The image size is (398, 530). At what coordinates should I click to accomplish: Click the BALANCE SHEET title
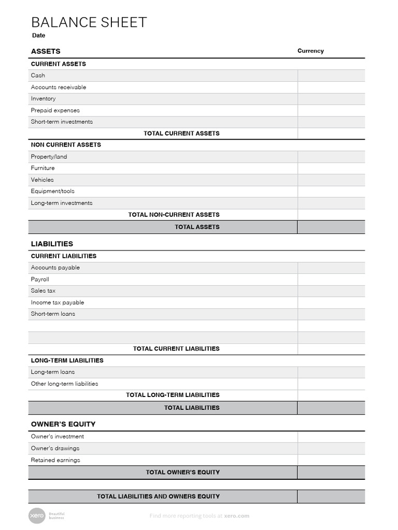89,22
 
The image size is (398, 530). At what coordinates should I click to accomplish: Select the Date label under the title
38,36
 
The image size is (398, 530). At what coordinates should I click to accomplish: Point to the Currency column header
310,51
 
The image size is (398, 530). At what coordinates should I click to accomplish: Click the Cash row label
38,76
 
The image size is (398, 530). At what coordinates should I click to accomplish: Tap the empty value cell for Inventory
331,99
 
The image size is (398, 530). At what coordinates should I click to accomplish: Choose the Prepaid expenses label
55,110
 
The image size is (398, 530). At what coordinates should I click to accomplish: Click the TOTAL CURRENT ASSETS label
181,134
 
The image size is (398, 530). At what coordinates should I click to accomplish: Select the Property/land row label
49,157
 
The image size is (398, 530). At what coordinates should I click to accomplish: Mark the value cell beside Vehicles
331,180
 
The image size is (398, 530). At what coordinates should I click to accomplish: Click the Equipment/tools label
52,192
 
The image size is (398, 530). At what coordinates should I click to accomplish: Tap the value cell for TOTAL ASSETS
331,227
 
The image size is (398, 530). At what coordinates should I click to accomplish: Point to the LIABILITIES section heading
52,244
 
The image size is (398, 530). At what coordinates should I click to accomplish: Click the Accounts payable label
55,268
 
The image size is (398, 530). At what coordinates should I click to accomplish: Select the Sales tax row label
43,291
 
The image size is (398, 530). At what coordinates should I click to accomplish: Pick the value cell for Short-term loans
331,314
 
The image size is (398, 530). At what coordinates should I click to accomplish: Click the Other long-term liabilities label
64,384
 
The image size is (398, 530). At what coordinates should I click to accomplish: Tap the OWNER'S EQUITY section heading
63,424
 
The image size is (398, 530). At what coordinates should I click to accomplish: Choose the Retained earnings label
55,460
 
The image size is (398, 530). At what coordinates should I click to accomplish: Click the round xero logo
37,516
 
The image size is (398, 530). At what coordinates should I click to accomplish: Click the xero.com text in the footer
237,516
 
